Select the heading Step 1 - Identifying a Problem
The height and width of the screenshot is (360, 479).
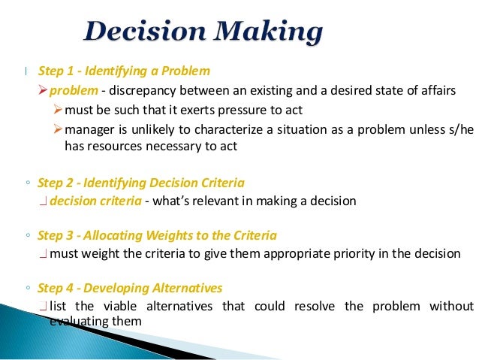click(124, 71)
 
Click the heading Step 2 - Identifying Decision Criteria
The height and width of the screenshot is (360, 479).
click(140, 183)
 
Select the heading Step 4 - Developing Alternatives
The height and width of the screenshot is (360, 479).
click(130, 288)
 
